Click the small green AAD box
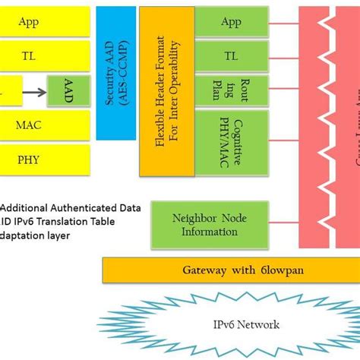click(66, 90)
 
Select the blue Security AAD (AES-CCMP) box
click(114, 73)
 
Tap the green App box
click(230, 22)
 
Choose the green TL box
click(230, 55)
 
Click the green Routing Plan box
click(230, 90)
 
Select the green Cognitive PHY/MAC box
click(230, 137)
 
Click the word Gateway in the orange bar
click(204, 270)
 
